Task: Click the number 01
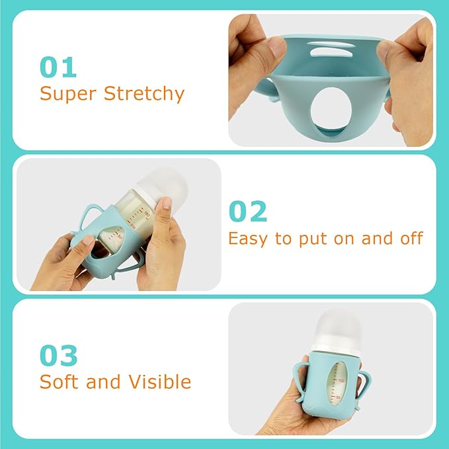58,67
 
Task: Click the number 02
248,211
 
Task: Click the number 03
58,356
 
